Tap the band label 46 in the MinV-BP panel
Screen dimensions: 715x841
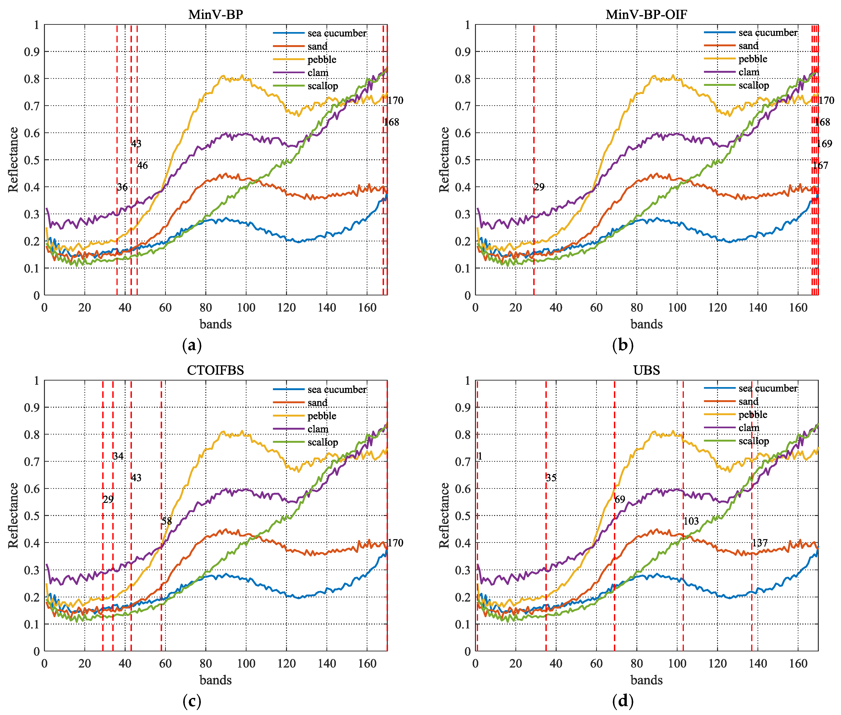(142, 165)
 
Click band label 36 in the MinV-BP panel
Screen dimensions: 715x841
(122, 187)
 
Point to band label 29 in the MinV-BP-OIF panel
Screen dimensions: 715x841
(539, 187)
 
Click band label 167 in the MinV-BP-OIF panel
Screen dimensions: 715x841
(820, 165)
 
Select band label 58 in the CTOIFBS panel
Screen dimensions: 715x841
(167, 521)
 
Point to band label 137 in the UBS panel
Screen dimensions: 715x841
(760, 543)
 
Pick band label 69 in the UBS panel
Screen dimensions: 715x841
(620, 499)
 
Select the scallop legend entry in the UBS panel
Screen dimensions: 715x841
(754, 441)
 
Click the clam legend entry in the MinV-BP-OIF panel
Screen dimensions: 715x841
(749, 72)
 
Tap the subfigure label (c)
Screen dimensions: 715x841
(192, 700)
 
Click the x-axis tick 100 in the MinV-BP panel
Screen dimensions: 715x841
(246, 308)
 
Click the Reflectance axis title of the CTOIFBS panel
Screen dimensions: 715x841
(13, 515)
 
